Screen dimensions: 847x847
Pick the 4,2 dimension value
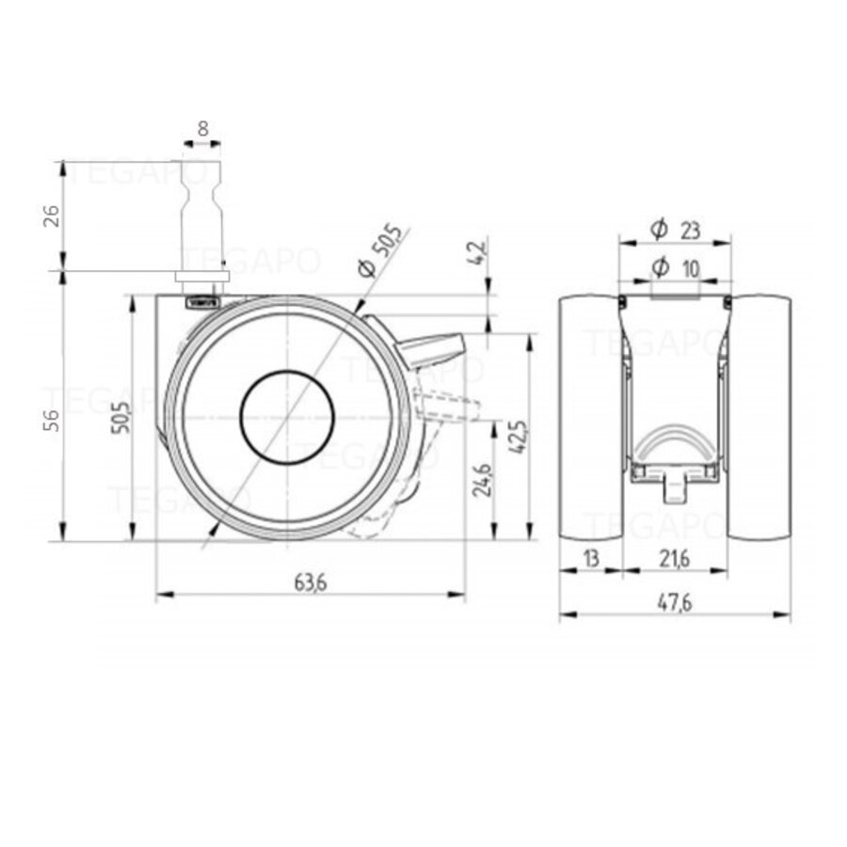[x=479, y=253]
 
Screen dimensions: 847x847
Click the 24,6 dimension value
[x=482, y=478]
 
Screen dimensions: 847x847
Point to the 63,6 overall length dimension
[x=309, y=583]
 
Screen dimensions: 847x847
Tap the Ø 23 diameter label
[x=674, y=228]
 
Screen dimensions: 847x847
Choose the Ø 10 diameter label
[x=675, y=267]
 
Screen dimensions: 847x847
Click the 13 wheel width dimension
[x=590, y=558]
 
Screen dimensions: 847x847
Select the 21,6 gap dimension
[x=674, y=558]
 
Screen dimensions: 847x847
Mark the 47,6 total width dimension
[x=674, y=603]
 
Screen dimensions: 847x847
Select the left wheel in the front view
[x=591, y=418]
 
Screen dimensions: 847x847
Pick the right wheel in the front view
[x=759, y=418]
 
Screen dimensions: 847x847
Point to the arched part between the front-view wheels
[x=675, y=442]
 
